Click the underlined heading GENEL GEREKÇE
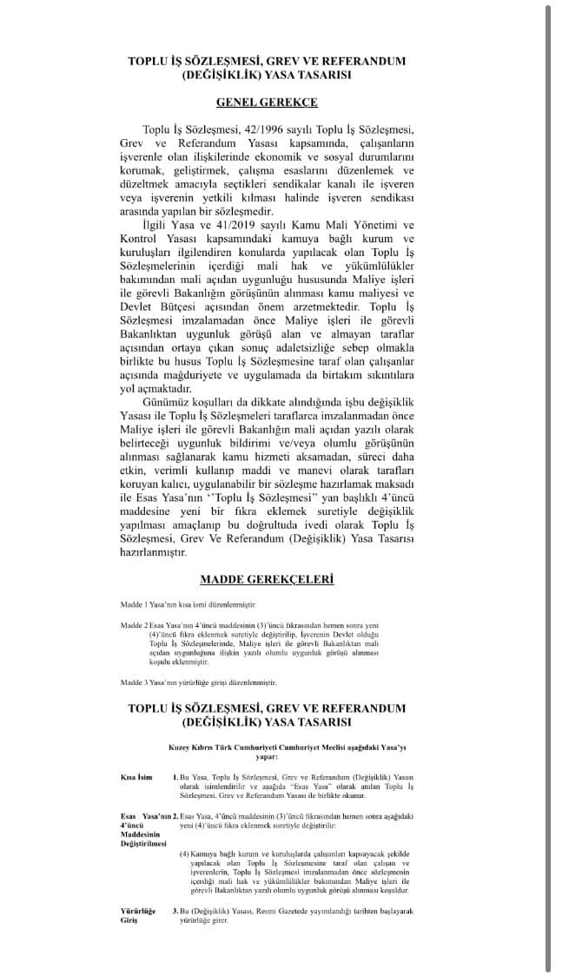point(267,102)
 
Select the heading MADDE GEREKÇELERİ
point(267,579)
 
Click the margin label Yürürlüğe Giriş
point(136,915)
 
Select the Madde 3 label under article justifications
point(134,682)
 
